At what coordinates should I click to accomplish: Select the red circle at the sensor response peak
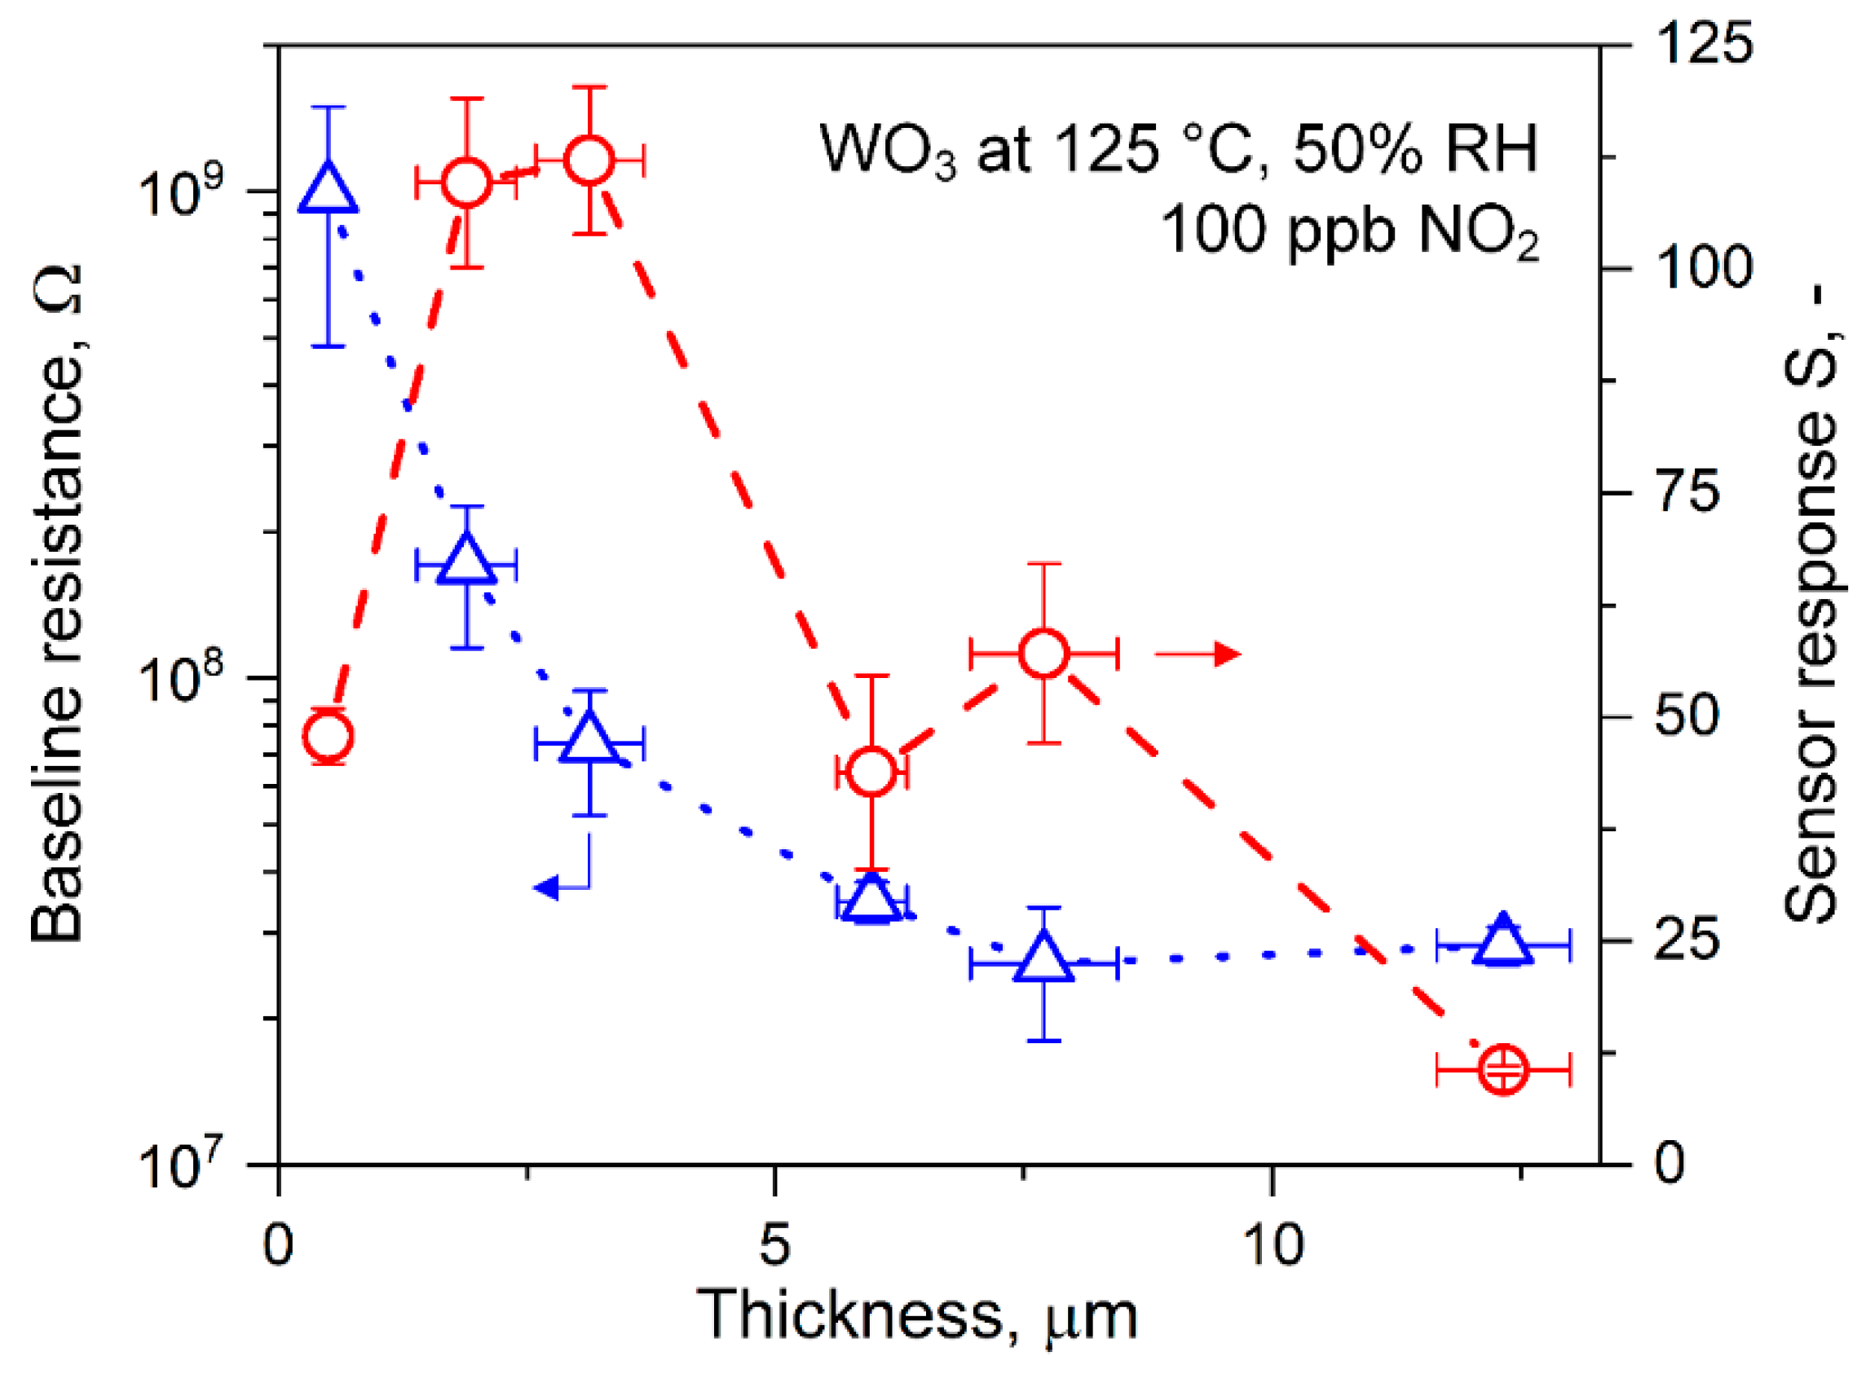tap(589, 160)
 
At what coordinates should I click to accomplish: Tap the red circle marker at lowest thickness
tap(329, 735)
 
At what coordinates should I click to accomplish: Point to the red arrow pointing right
tap(1198, 654)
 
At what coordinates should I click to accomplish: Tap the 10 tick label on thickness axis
tap(1272, 1246)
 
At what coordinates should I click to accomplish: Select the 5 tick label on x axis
tap(774, 1246)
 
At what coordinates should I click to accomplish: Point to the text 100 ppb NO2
tap(1348, 229)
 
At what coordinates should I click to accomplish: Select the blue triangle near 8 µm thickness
tap(1043, 958)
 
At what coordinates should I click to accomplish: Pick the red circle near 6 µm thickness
tap(871, 771)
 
